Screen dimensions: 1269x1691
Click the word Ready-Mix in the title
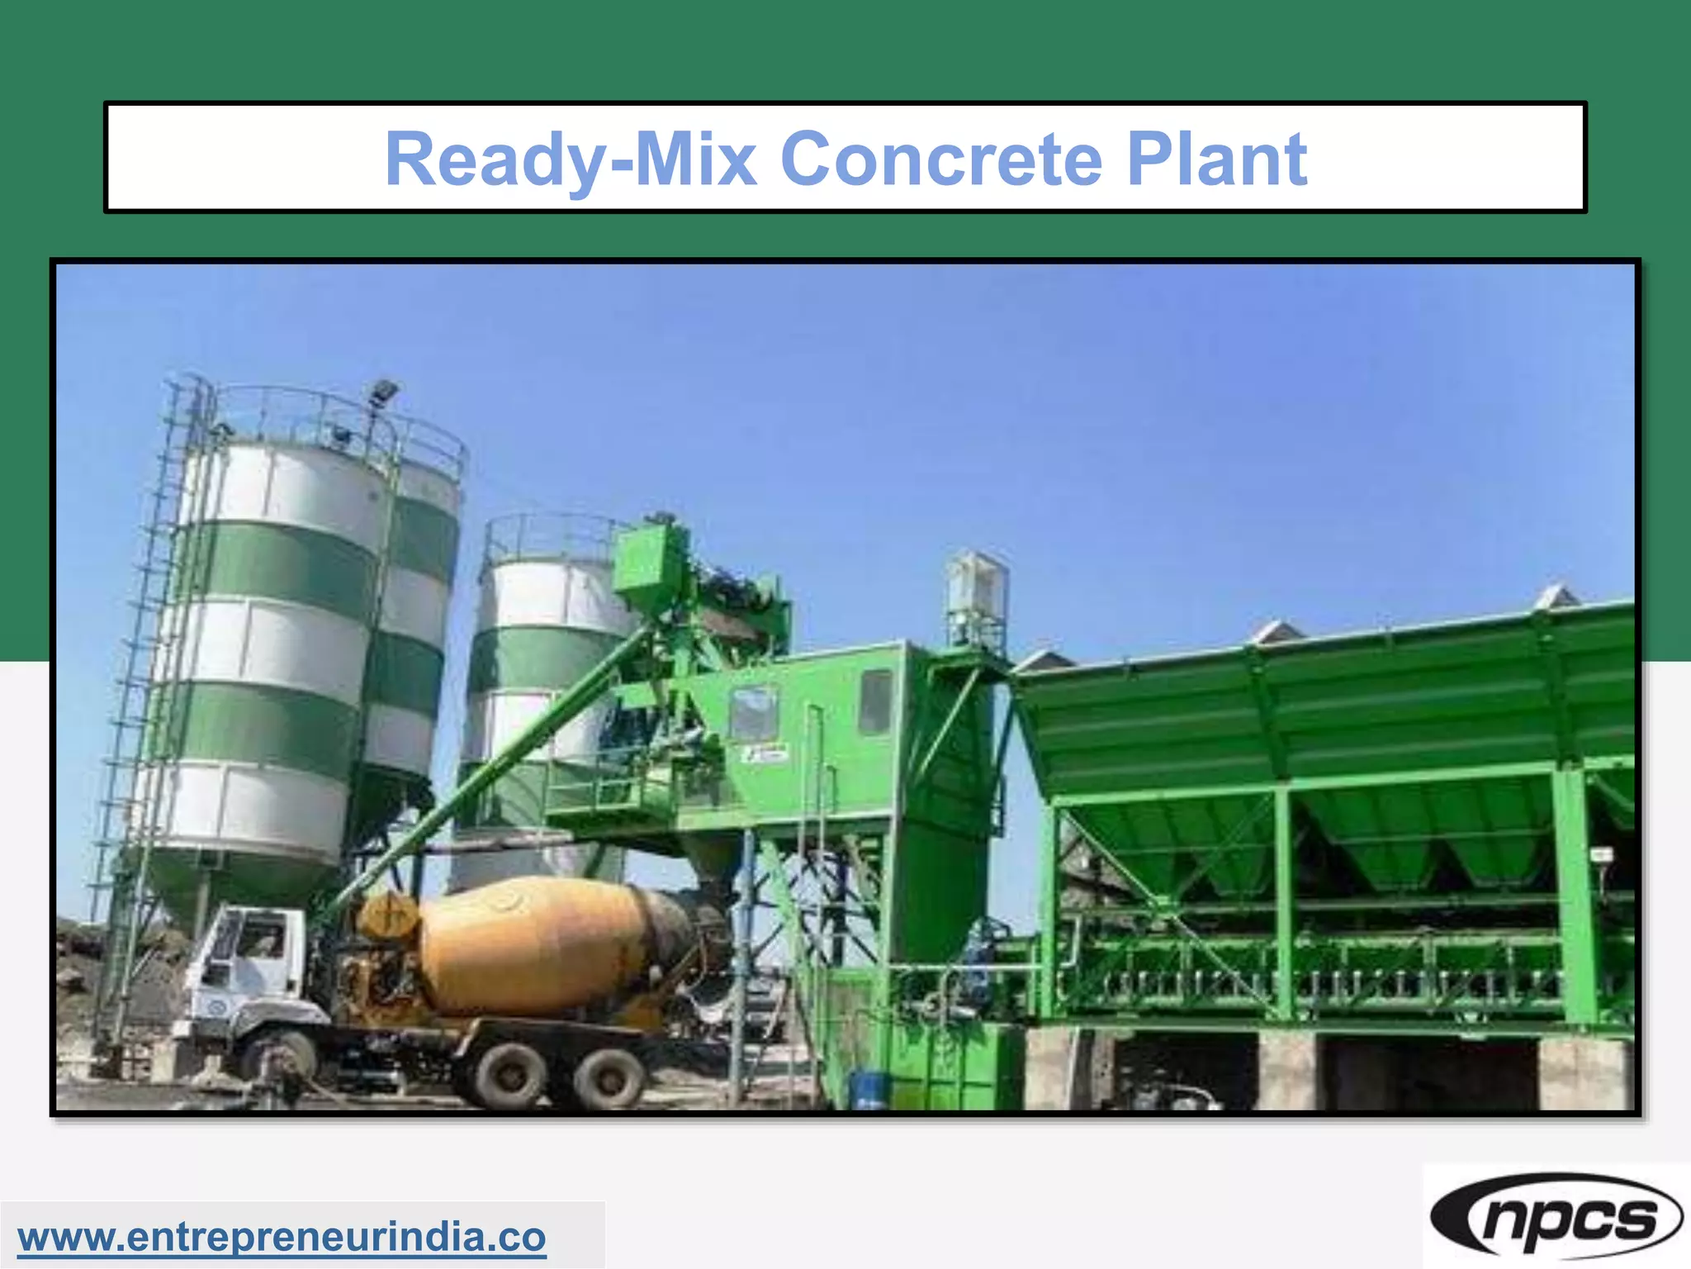[570, 159]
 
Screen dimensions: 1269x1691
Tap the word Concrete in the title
[941, 159]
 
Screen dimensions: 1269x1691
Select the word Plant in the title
[1217, 159]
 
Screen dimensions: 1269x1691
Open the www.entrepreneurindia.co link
[282, 1237]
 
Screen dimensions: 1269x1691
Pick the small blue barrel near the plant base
[868, 1088]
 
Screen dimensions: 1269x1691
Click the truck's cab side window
[259, 939]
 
